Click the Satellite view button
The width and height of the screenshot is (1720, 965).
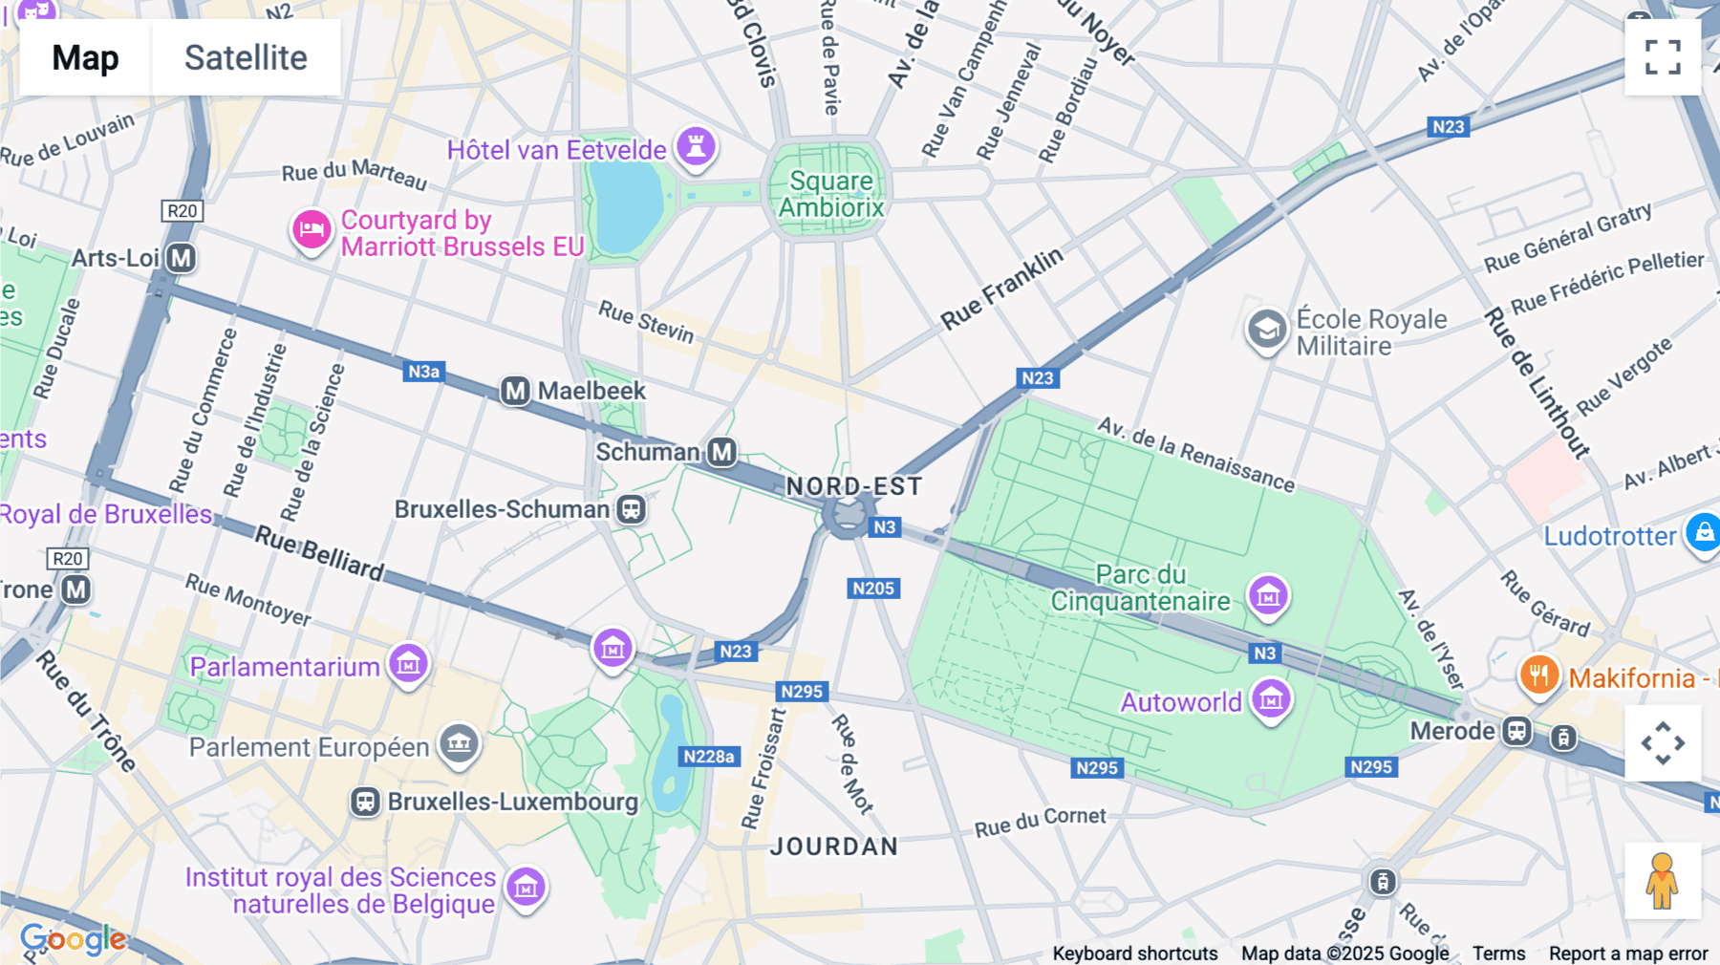(x=246, y=57)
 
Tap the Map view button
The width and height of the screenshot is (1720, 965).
(x=85, y=57)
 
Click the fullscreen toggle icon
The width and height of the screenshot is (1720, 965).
(x=1663, y=57)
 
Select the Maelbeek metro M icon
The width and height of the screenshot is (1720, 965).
(x=515, y=391)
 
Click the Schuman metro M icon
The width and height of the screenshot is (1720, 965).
(x=721, y=452)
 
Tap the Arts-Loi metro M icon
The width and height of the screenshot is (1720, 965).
(x=181, y=258)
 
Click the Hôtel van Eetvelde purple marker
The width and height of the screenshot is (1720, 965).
(x=697, y=146)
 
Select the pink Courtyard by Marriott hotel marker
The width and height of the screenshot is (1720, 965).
(x=312, y=230)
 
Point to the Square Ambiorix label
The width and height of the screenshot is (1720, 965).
(x=830, y=194)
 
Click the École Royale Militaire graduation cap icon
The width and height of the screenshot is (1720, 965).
(x=1267, y=330)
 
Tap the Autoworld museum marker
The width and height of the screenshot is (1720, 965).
(x=1271, y=699)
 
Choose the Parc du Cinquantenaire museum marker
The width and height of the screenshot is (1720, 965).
(x=1268, y=596)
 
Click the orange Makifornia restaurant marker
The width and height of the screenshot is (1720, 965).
(x=1538, y=675)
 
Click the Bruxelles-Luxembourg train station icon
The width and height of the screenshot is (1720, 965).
(x=365, y=802)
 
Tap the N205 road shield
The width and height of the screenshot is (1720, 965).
(x=873, y=589)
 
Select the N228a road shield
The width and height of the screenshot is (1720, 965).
(x=709, y=757)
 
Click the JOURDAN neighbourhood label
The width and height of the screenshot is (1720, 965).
(x=834, y=847)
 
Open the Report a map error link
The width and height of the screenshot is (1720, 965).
(x=1628, y=954)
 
